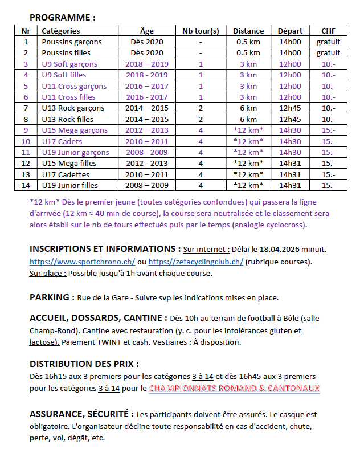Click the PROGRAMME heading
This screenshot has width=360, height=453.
[x=62, y=18]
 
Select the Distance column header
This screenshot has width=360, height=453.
[x=248, y=31]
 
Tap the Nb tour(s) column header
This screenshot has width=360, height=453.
[x=201, y=31]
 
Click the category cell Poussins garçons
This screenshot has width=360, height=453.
[x=72, y=42]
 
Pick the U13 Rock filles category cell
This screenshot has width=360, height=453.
[x=68, y=119]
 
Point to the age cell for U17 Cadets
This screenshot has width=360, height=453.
[x=146, y=141]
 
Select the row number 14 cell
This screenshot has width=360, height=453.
[x=26, y=185]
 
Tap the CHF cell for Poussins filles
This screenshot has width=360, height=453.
[x=328, y=53]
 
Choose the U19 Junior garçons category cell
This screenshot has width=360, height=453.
[x=74, y=152]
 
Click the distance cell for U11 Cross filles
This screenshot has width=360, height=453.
[x=248, y=97]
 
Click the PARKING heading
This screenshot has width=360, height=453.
[x=51, y=297]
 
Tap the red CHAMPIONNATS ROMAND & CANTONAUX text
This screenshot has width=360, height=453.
[x=234, y=389]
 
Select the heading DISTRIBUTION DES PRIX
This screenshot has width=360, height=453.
[x=84, y=364]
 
